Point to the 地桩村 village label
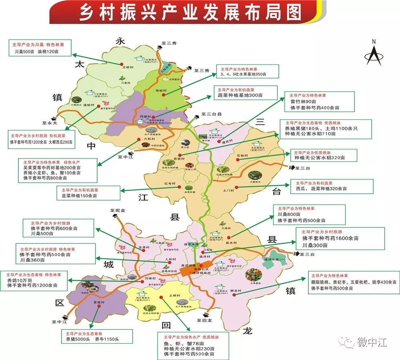pos(160,90)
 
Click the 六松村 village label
pos(149,139)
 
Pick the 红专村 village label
pos(170,184)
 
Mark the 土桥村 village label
pos(174,296)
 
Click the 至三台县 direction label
pos(211,114)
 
